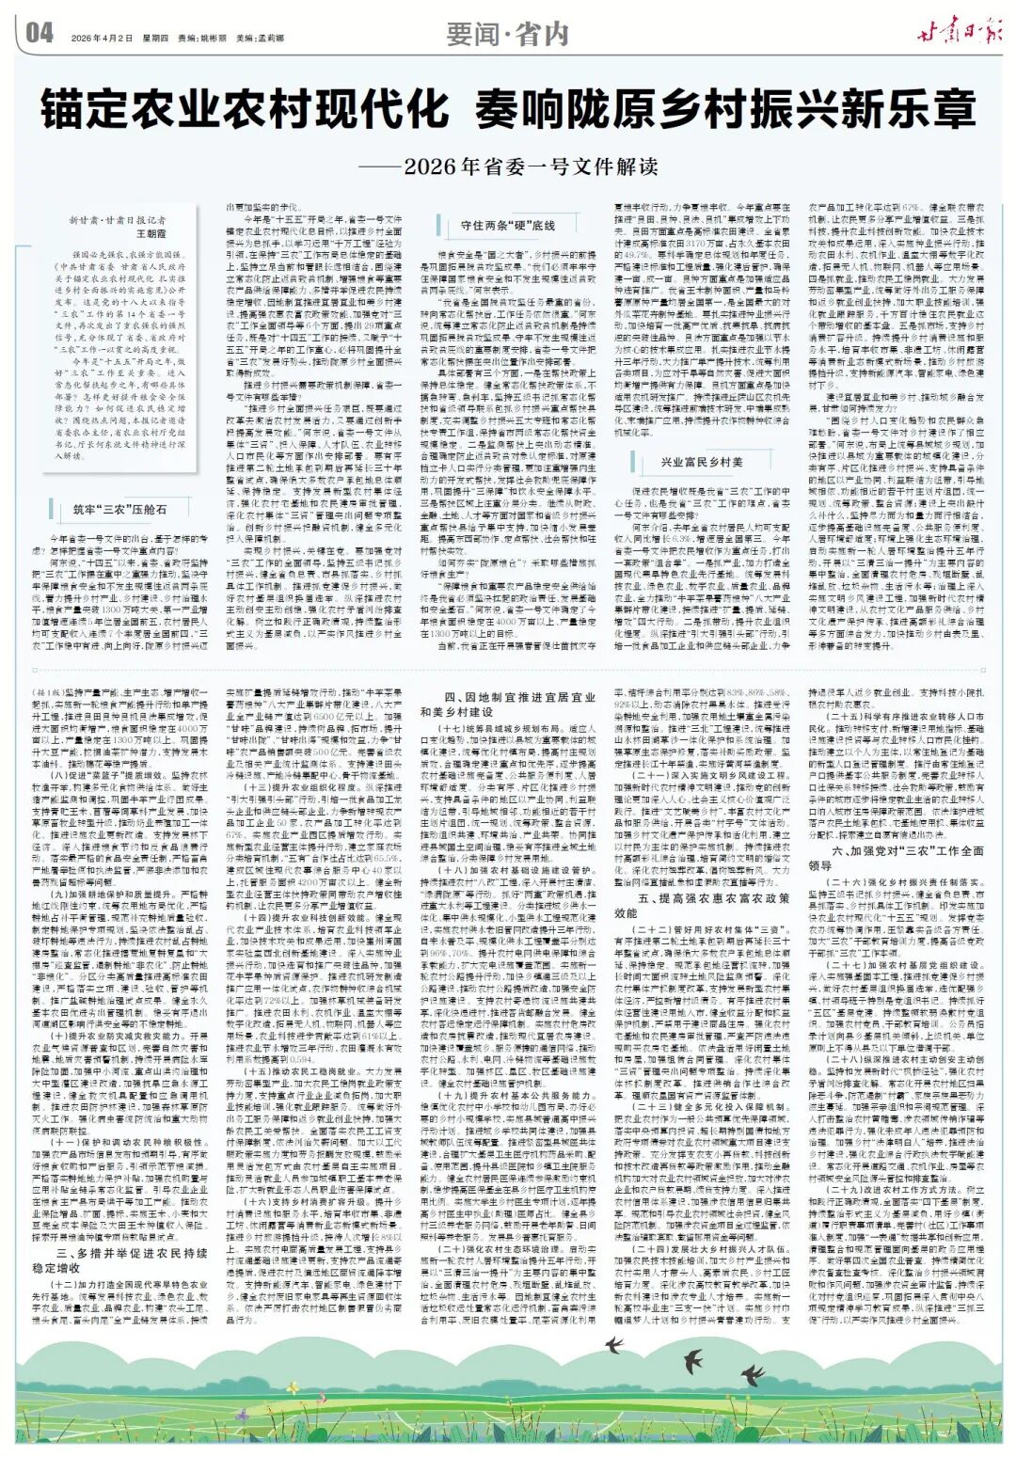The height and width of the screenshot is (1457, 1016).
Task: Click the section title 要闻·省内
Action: click(508, 35)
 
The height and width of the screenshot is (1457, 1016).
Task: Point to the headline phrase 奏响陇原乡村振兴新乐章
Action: click(725, 110)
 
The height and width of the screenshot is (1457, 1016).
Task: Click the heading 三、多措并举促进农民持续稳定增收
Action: click(131, 1259)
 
